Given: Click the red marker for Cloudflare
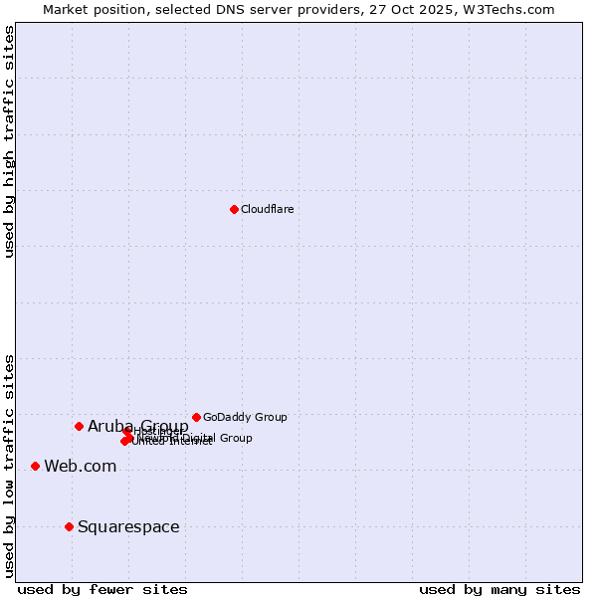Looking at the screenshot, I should click(234, 209).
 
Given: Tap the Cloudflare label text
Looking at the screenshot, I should click(267, 209).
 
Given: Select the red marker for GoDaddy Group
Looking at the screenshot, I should click(196, 417).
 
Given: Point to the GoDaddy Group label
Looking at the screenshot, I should click(245, 417).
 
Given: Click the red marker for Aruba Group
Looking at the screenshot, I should click(79, 426).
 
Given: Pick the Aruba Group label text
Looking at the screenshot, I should click(137, 426).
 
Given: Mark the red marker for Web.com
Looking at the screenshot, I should click(35, 466).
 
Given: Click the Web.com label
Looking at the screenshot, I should click(80, 466).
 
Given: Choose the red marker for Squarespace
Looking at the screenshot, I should click(69, 526).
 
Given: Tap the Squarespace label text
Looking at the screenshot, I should click(128, 526).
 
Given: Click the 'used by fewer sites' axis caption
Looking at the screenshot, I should click(102, 589).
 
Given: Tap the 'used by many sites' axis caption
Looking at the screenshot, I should click(499, 589).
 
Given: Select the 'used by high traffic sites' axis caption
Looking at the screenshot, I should click(9, 141).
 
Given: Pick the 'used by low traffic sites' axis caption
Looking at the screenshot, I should click(9, 466).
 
